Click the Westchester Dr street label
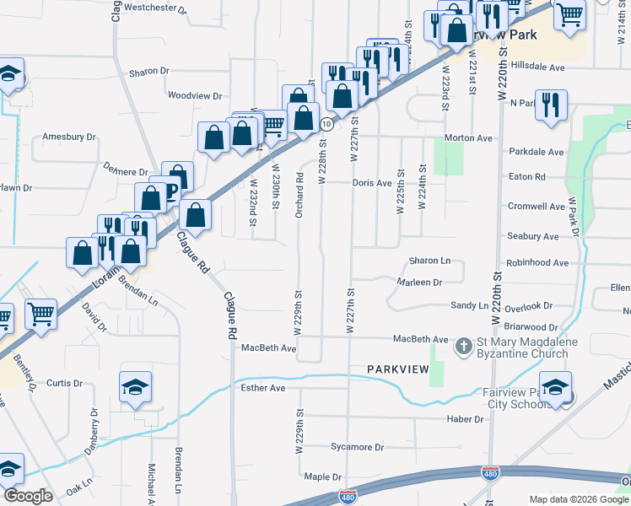point(155,8)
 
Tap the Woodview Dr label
point(195,96)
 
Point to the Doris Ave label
point(372,182)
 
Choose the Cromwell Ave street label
point(536,206)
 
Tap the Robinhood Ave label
point(538,263)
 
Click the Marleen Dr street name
point(419,283)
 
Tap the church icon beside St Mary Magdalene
point(463,346)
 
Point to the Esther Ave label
point(264,388)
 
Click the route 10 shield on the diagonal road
point(325,124)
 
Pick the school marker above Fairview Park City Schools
point(556,388)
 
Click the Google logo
point(28,496)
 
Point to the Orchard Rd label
point(299,196)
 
